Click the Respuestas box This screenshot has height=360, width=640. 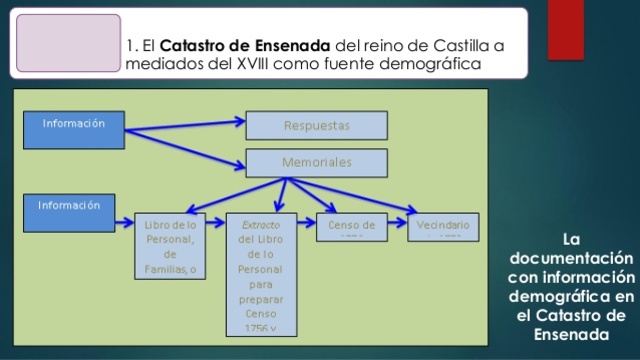click(x=316, y=127)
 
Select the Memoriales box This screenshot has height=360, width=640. click(x=316, y=163)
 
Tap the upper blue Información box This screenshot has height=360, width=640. click(x=79, y=131)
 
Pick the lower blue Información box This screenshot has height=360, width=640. click(x=79, y=212)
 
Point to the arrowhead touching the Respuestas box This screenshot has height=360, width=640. click(x=242, y=125)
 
